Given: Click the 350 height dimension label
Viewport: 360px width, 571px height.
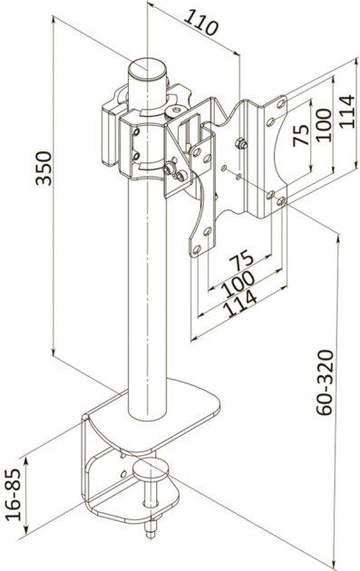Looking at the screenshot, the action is pos(44,168).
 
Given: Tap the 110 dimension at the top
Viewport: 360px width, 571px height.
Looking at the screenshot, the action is pos(201,22).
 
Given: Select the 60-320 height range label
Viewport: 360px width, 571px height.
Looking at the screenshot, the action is pos(325,382).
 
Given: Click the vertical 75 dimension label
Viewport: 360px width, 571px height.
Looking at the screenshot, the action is pos(301,135).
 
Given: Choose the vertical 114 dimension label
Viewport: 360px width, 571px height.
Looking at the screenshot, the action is pos(346,111).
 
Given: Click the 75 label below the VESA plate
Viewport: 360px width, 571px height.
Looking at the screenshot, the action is pos(241,258).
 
